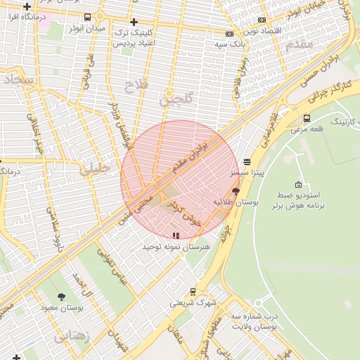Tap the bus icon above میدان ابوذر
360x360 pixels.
coord(87,18)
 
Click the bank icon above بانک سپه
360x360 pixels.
coord(229,34)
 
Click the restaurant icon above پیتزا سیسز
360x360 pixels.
coord(247,162)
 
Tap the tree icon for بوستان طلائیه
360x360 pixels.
coord(236,191)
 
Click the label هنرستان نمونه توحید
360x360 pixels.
coord(176,247)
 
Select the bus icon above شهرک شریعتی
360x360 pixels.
coord(193,292)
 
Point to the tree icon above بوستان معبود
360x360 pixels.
coord(61,297)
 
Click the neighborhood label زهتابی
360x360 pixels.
coord(73,336)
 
